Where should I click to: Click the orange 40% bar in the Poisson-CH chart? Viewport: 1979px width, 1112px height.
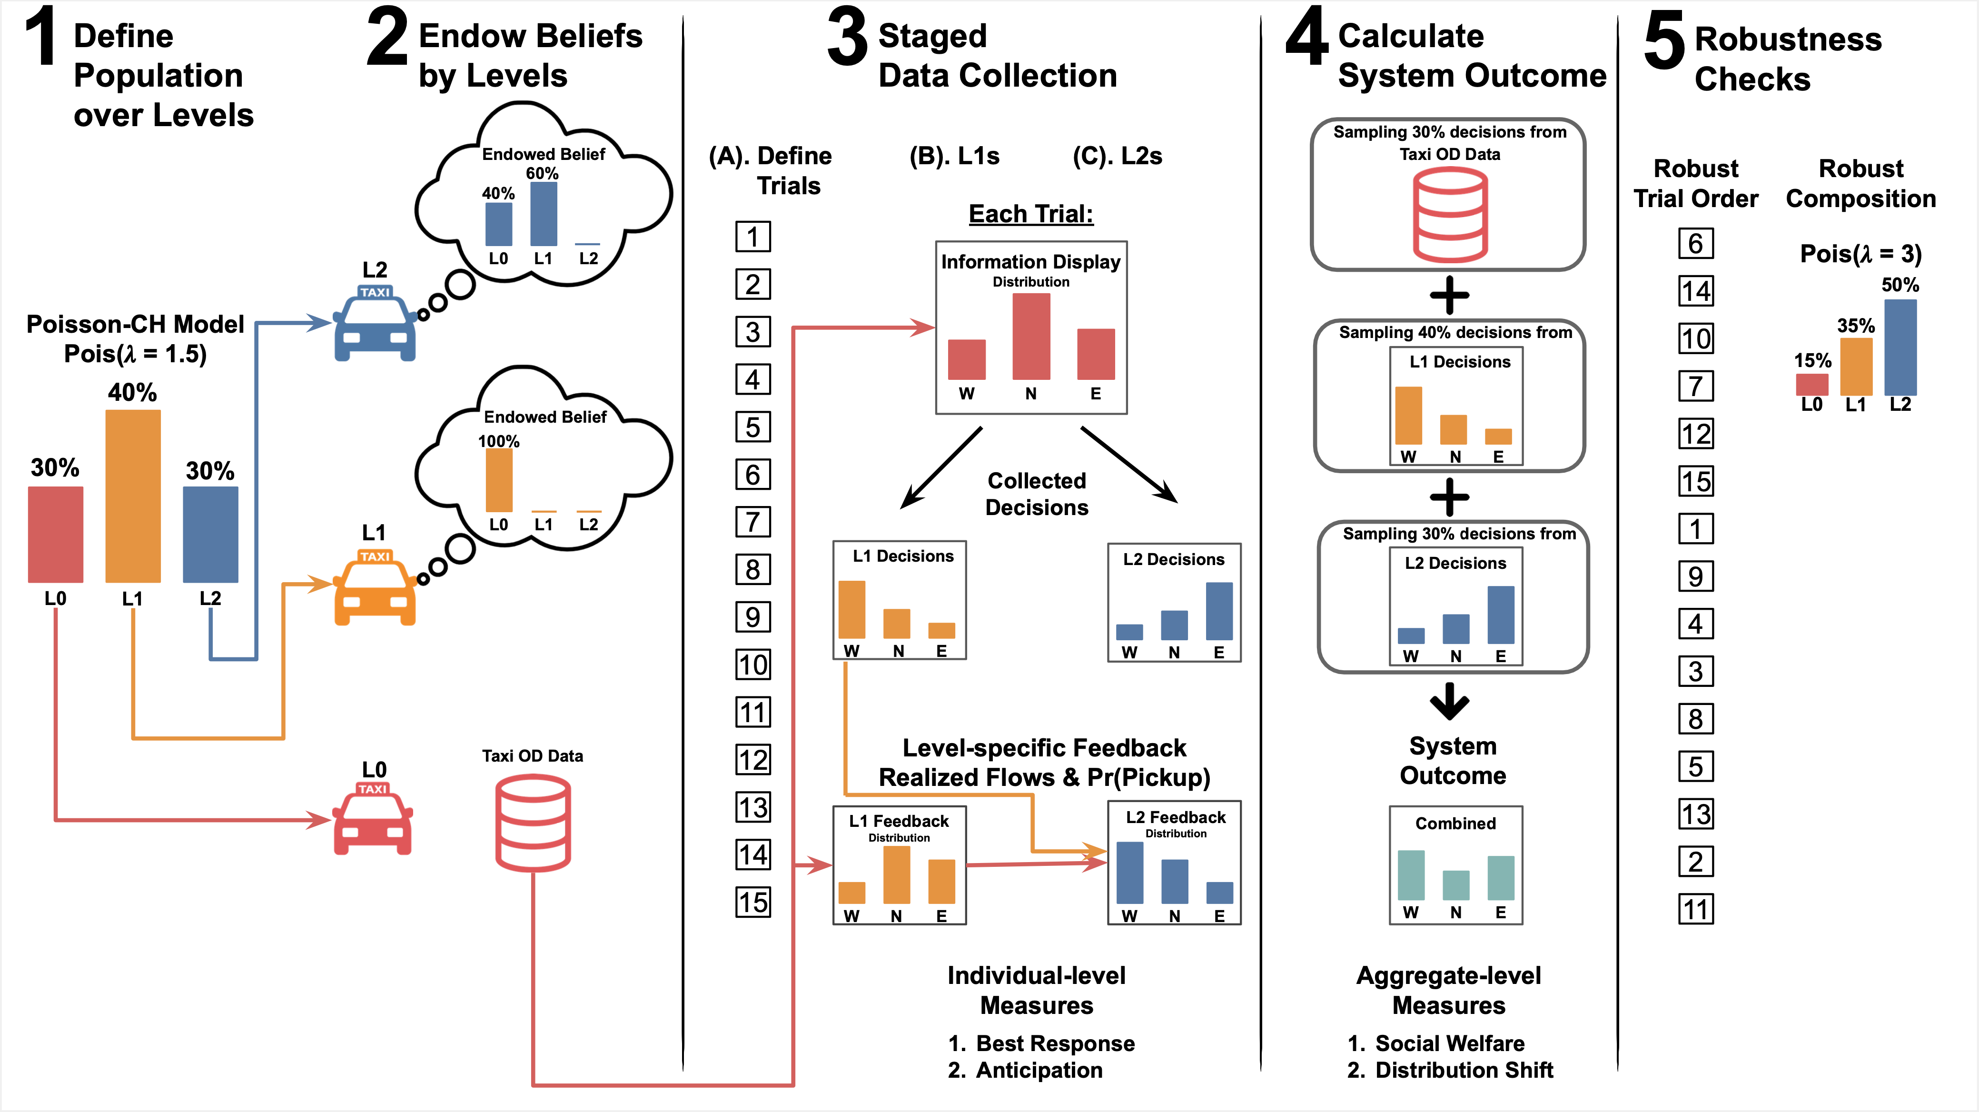[133, 496]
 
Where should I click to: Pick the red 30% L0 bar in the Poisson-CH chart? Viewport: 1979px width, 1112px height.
[55, 534]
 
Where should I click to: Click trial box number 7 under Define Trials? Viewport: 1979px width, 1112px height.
[753, 523]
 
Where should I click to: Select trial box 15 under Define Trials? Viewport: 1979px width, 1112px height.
[753, 902]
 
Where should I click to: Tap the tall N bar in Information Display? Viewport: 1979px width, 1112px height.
[1031, 337]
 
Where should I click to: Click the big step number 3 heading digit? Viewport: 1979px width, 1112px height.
[847, 39]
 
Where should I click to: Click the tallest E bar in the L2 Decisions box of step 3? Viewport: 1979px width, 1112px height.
[1219, 611]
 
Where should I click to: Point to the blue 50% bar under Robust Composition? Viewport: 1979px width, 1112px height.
[1900, 347]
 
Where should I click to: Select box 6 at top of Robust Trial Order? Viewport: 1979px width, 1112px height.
[1695, 244]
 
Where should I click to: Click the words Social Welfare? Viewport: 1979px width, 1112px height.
[1450, 1043]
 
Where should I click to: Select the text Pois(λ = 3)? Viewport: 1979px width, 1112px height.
[1860, 254]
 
